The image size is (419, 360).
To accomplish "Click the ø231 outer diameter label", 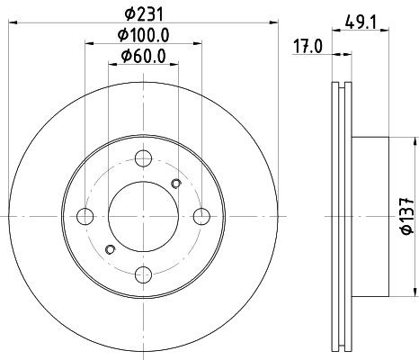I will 143,13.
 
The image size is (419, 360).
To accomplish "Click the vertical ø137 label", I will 406,216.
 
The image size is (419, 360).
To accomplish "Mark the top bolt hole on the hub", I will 143,159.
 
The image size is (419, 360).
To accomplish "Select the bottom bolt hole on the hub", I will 143,274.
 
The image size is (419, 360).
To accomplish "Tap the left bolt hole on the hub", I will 85,217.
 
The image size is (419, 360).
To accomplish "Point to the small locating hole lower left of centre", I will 110,249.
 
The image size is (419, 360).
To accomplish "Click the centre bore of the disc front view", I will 143,217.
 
